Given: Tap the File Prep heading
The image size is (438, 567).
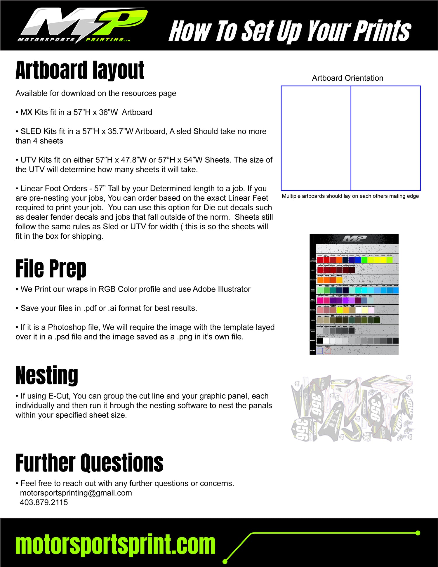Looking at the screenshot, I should click(51, 268).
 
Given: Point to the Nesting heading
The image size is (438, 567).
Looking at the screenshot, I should click(47, 375).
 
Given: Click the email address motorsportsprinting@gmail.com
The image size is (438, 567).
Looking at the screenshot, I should click(76, 493).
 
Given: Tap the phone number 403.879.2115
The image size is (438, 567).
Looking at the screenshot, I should click(44, 502).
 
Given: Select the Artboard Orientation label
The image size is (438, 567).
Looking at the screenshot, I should click(347, 78).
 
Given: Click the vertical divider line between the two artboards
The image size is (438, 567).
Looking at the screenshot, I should click(351, 138).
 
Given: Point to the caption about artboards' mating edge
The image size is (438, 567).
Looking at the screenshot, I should click(350, 196).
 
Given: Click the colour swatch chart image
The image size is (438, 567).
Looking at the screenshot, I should click(354, 294).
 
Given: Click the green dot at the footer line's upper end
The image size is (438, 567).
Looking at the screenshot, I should click(418, 533).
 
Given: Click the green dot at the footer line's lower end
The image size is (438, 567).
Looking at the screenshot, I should click(225, 561).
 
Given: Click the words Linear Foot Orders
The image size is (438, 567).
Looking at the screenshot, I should click(54, 188).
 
